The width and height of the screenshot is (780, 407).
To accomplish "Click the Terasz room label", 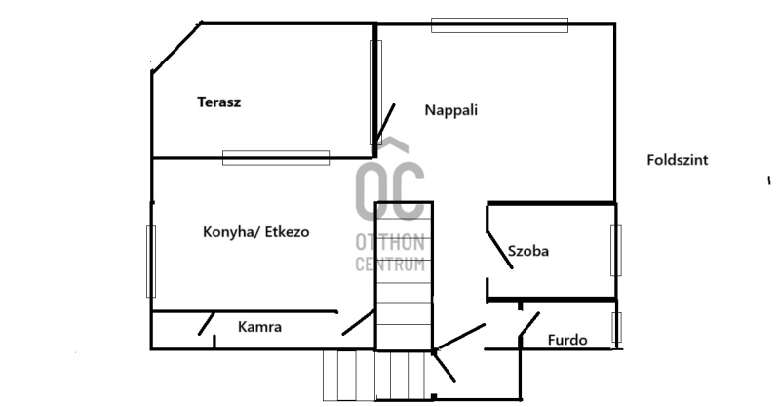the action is point(218,102).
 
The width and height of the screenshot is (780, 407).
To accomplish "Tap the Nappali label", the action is point(451,110).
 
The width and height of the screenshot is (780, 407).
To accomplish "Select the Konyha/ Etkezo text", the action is point(256,232).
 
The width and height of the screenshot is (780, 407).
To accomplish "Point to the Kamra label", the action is point(259,327).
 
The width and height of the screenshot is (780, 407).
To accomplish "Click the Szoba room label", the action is point(528,251).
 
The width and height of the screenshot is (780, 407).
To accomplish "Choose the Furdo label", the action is point(567,340).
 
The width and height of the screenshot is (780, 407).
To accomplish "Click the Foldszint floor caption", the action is point(678,160).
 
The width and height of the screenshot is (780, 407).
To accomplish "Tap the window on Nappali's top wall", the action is point(499,25).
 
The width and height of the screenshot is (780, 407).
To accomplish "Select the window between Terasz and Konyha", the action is point(276,158).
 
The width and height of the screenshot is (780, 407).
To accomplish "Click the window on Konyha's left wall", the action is point(151,262).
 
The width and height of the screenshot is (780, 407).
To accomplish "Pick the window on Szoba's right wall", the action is point(616,251).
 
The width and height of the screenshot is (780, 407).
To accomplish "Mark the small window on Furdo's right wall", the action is point(616,327).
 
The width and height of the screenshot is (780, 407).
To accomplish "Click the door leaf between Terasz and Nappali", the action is point(385,124).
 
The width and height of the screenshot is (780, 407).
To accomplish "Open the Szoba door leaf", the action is point(499,250).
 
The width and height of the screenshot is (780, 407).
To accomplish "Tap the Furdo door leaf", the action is point(528,325).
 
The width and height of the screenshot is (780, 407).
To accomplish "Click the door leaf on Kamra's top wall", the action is point(207,323).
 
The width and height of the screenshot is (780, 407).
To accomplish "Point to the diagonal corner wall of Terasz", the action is point(176,48).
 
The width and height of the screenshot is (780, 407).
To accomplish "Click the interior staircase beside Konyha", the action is point(404,276).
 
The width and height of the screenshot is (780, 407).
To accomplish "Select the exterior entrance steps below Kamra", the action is point(374,376).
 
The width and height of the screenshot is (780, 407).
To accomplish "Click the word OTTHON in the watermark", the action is point(391,243).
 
